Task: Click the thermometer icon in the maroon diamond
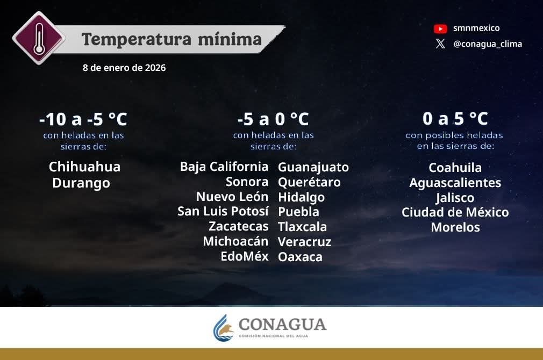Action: point(39,38)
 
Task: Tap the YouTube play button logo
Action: point(440,28)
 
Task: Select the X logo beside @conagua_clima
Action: point(440,44)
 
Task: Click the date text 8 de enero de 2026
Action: point(124,68)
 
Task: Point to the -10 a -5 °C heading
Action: point(83,119)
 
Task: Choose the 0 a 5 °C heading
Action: point(455,119)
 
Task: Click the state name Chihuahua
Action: point(84,167)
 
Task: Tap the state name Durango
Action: point(81,183)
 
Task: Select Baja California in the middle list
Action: point(224,167)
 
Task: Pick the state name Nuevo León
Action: point(232,197)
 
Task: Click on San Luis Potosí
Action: point(223,211)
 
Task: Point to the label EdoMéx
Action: point(245,256)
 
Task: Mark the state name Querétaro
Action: point(309,182)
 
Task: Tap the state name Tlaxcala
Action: point(302,227)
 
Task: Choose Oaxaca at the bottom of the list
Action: point(300,257)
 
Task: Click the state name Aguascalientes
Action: point(455,183)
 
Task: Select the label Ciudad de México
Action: point(455,212)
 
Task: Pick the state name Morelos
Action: point(455,227)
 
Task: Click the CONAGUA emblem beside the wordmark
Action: point(224,327)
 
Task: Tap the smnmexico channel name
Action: point(476,28)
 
